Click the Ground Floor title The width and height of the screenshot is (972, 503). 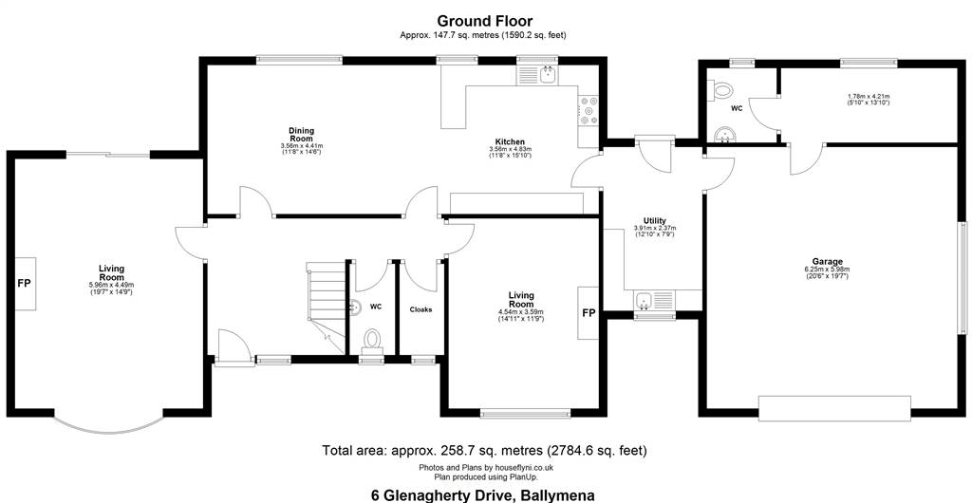tap(485, 22)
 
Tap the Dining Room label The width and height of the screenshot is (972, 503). tap(301, 134)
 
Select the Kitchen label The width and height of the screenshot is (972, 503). tap(510, 141)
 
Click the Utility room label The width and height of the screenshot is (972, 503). tap(655, 220)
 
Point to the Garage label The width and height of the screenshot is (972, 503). tap(827, 261)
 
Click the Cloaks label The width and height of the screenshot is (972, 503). tap(421, 309)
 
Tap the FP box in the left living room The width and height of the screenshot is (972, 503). tap(25, 284)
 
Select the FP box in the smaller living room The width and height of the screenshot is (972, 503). tap(589, 313)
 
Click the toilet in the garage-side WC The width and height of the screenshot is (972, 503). tap(721, 91)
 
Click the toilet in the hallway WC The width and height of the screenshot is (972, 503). tap(372, 341)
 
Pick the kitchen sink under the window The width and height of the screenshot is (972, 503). tap(538, 76)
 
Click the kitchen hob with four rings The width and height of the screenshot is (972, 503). tap(589, 110)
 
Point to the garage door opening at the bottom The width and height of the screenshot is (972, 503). tap(834, 409)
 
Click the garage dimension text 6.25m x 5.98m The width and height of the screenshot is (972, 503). tap(827, 270)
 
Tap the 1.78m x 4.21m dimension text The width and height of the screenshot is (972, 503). tap(869, 97)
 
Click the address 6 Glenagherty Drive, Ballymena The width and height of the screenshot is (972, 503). tap(483, 495)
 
